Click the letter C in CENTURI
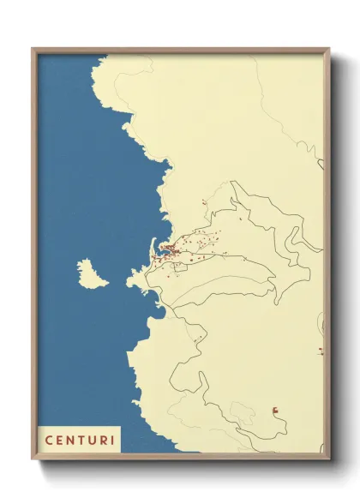point(48,440)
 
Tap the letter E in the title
point(59,440)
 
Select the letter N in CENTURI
point(70,440)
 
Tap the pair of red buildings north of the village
point(203,202)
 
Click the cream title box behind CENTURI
point(80,440)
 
